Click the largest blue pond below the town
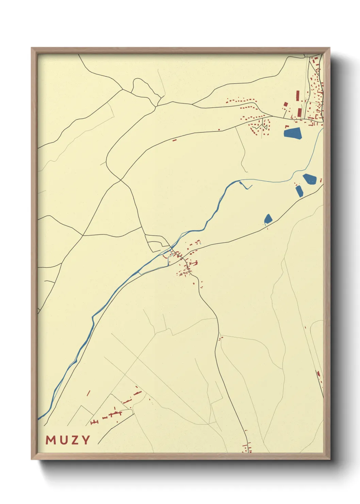pyautogui.click(x=293, y=133)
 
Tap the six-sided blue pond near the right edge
pyautogui.click(x=310, y=179)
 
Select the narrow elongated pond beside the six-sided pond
pyautogui.click(x=299, y=191)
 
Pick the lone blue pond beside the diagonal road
pyautogui.click(x=268, y=219)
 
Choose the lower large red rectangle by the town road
pyautogui.click(x=299, y=112)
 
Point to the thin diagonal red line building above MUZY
pyautogui.click(x=88, y=393)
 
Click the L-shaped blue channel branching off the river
pyautogui.click(x=246, y=186)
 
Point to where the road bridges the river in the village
pyautogui.click(x=171, y=248)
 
